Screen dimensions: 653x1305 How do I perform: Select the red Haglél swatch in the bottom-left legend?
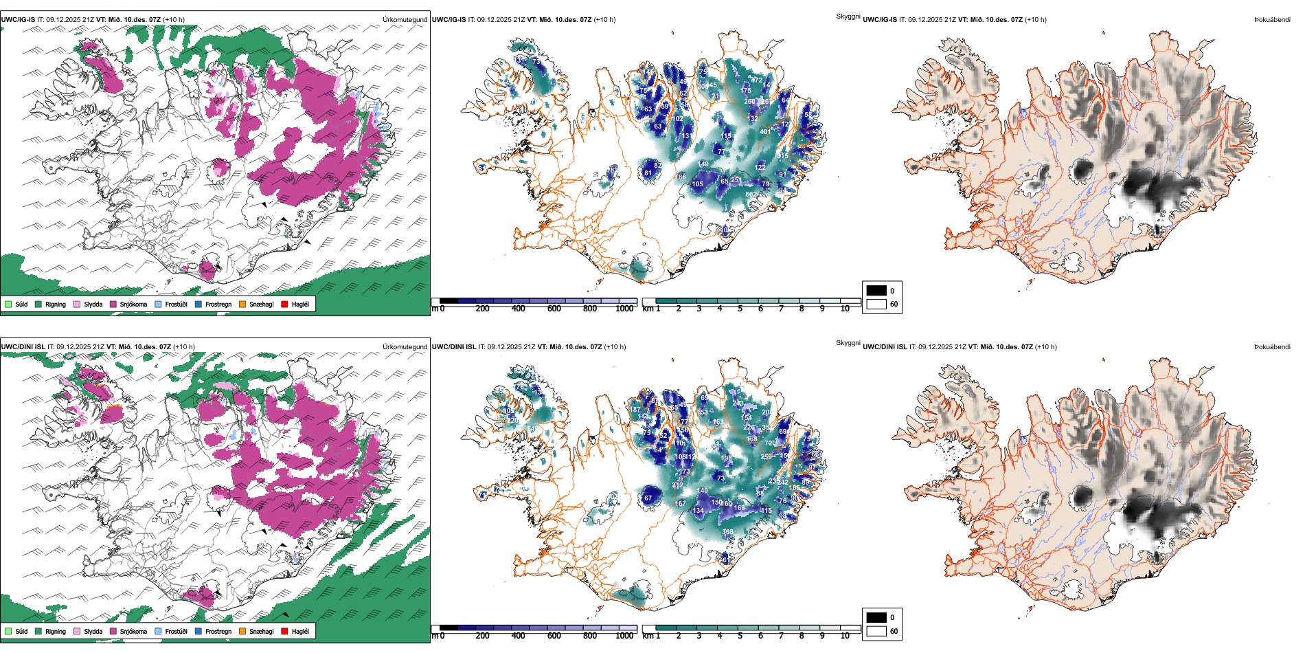pyautogui.click(x=284, y=631)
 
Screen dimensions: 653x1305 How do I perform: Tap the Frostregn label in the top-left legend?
pyautogui.click(x=218, y=304)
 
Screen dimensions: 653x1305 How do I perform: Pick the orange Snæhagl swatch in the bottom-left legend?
pyautogui.click(x=242, y=631)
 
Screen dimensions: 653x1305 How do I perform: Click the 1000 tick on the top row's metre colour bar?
pyautogui.click(x=624, y=309)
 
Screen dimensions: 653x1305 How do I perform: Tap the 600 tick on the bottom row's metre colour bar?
pyautogui.click(x=554, y=636)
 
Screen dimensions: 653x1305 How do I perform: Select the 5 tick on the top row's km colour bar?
pyautogui.click(x=740, y=309)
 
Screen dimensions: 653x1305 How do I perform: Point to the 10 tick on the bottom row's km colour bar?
pyautogui.click(x=845, y=636)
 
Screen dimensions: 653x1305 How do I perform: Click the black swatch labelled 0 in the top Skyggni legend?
pyautogui.click(x=876, y=291)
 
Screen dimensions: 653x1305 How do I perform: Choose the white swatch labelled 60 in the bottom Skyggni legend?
pyautogui.click(x=876, y=631)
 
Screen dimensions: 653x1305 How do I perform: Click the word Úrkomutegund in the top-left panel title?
pyautogui.click(x=405, y=20)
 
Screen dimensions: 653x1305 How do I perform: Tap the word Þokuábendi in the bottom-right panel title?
pyautogui.click(x=1272, y=347)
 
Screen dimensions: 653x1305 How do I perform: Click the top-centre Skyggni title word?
pyautogui.click(x=848, y=16)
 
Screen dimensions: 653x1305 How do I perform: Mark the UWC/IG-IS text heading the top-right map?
pyautogui.click(x=880, y=20)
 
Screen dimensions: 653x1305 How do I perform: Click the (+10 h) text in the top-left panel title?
pyautogui.click(x=173, y=20)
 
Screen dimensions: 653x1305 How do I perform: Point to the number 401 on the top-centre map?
pyautogui.click(x=764, y=132)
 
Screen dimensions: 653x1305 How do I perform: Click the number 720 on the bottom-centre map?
pyautogui.click(x=770, y=443)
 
